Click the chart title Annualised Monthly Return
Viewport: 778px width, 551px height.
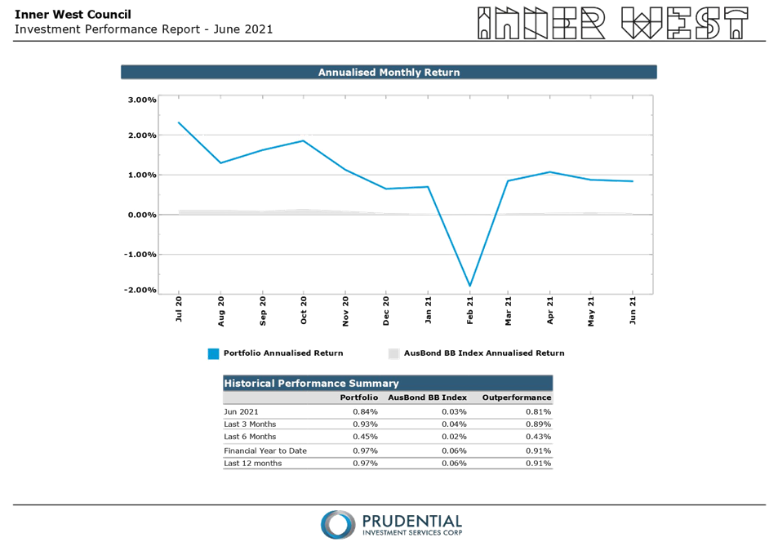tap(389, 73)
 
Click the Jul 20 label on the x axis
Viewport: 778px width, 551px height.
tap(179, 311)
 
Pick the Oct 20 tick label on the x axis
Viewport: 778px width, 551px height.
tap(303, 311)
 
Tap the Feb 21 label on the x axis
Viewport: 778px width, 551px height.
tap(469, 311)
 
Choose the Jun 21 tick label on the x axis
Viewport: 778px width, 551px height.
tap(634, 311)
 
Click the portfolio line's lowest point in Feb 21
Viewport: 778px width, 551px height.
tap(470, 286)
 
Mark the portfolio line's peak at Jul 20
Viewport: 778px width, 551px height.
tap(180, 122)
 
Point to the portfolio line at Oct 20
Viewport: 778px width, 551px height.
tap(304, 140)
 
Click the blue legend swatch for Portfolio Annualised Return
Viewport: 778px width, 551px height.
tap(214, 353)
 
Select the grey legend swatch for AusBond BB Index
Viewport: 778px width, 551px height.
tap(393, 353)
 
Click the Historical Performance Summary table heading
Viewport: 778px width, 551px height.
tap(311, 383)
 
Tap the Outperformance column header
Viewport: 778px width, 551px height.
tap(517, 398)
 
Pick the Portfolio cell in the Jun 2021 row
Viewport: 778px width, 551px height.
tap(364, 411)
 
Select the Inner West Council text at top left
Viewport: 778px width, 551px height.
tap(73, 15)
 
